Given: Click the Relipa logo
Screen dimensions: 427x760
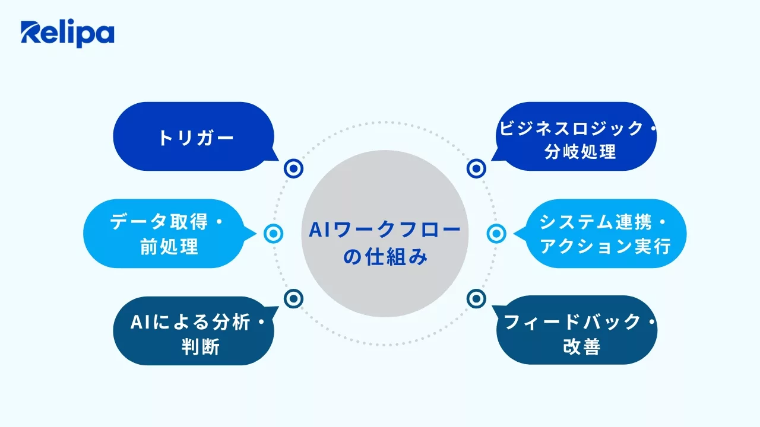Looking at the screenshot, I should click(x=67, y=34).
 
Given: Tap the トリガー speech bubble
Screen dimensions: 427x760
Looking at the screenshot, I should click(x=194, y=137).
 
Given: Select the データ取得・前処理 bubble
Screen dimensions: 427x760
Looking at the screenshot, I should click(x=164, y=234).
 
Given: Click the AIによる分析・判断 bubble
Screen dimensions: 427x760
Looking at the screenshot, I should click(x=194, y=331).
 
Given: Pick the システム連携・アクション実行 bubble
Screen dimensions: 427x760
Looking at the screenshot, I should click(x=606, y=234).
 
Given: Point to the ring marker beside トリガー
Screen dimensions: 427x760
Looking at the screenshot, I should click(x=293, y=169).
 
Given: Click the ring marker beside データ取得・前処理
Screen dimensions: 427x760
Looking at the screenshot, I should click(x=273, y=234).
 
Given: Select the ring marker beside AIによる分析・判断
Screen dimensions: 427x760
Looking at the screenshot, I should click(x=293, y=298).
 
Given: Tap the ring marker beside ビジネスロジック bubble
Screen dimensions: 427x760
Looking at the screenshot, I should click(x=476, y=169).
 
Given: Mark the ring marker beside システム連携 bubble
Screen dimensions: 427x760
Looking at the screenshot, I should click(x=496, y=234).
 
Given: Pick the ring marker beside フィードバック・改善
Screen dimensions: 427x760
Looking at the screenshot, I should click(x=476, y=298).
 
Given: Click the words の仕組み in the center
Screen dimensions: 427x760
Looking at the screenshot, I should click(x=385, y=257).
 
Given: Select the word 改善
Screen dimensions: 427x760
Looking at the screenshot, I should click(x=581, y=346).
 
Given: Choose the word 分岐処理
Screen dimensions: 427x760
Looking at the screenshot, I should click(x=580, y=152).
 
